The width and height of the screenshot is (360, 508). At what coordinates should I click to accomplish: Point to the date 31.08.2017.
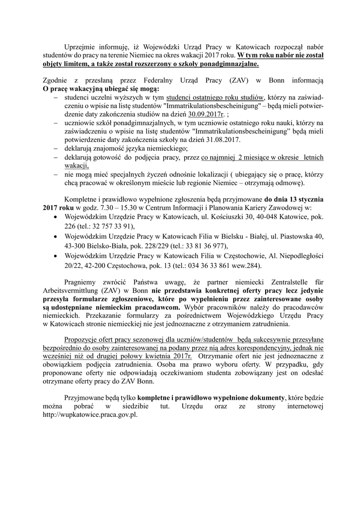coord(224,140)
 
